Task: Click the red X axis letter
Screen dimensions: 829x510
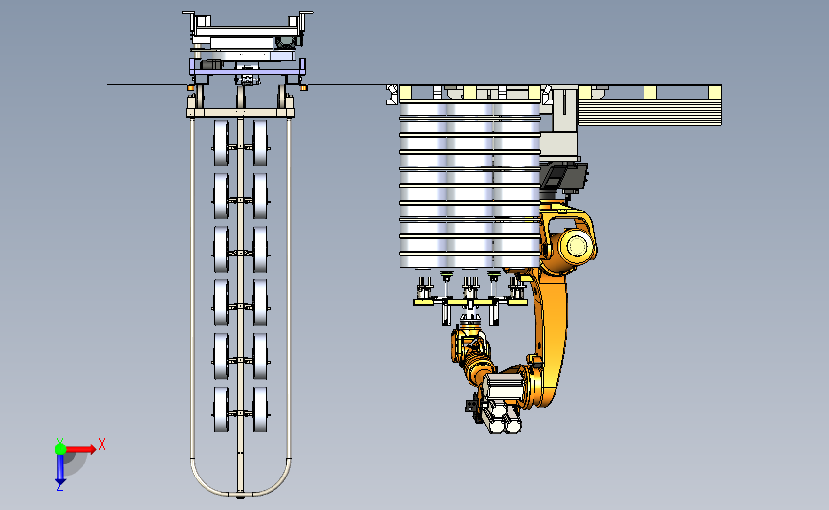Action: click(x=102, y=444)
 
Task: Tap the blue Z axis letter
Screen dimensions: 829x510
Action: click(x=60, y=487)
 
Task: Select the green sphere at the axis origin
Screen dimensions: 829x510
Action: click(x=60, y=449)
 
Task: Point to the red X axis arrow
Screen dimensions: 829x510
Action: click(x=79, y=449)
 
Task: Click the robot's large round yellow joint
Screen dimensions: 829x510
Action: click(x=577, y=246)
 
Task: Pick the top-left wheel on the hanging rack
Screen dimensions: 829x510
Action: click(x=221, y=143)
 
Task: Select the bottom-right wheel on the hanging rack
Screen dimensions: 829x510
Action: click(x=260, y=410)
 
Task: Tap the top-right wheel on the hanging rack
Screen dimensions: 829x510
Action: click(x=260, y=143)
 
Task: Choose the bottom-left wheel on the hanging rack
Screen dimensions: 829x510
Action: click(x=221, y=410)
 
